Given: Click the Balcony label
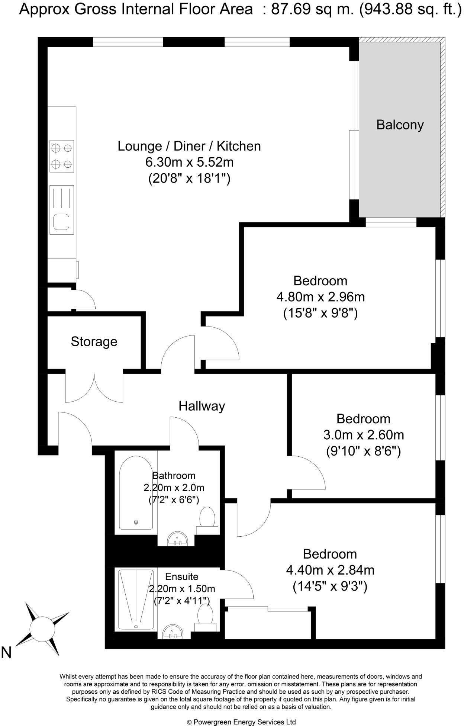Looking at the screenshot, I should pyautogui.click(x=400, y=125).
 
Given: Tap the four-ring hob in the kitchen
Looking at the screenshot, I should pyautogui.click(x=62, y=156).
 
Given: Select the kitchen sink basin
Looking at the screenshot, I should pyautogui.click(x=61, y=222).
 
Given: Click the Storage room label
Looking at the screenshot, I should pyautogui.click(x=94, y=341).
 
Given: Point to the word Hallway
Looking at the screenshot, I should pyautogui.click(x=202, y=406).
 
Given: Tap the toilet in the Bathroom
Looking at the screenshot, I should pyautogui.click(x=207, y=519).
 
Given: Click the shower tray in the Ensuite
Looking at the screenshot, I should pyautogui.click(x=136, y=598).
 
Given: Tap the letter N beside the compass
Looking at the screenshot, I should pyautogui.click(x=6, y=652).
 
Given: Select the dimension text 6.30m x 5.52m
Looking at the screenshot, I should pyautogui.click(x=189, y=162).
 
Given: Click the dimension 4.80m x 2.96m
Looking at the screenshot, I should pyautogui.click(x=320, y=297).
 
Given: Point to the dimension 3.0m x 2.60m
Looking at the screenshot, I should pyautogui.click(x=364, y=434).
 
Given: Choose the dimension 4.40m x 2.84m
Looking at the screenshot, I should pyautogui.click(x=330, y=570).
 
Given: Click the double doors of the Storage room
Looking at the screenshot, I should pyautogui.click(x=94, y=389).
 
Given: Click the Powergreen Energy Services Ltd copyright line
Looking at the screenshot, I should pyautogui.click(x=241, y=722).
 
